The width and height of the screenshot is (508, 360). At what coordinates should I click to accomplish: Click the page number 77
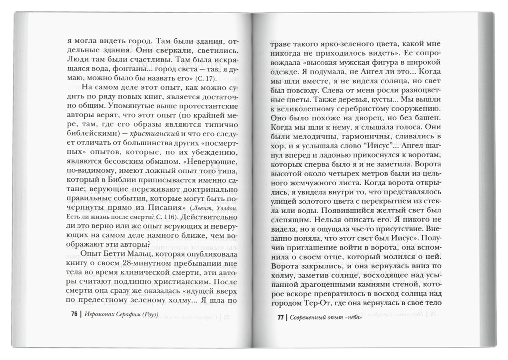[x=280, y=318]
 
